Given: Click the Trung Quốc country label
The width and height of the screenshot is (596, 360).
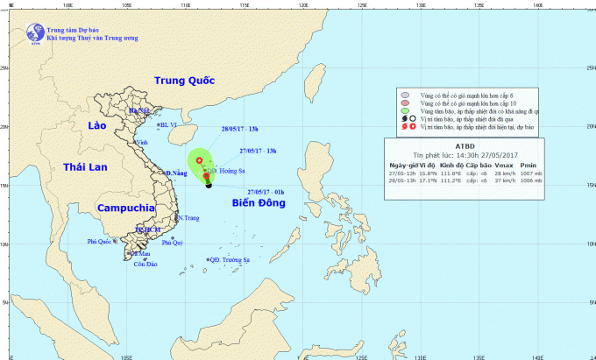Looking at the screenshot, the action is point(184,81).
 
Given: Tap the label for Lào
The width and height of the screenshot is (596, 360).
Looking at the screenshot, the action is point(97,128).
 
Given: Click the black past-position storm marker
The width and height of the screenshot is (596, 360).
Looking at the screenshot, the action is point(209,185).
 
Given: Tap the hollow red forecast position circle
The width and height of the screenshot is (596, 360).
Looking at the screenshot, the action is point(200,161).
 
